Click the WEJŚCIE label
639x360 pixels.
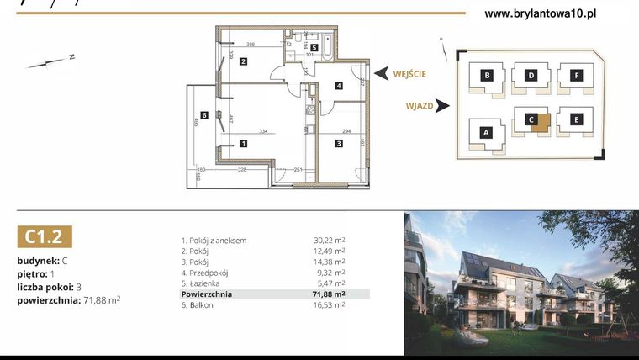409,74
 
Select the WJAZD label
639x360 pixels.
418,106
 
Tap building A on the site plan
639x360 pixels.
485,132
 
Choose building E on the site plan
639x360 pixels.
576,120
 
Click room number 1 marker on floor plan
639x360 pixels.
242,143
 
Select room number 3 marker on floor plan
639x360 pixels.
338,143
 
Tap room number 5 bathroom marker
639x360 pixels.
314,48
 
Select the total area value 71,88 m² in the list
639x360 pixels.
329,294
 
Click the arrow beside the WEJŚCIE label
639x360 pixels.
380,74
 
